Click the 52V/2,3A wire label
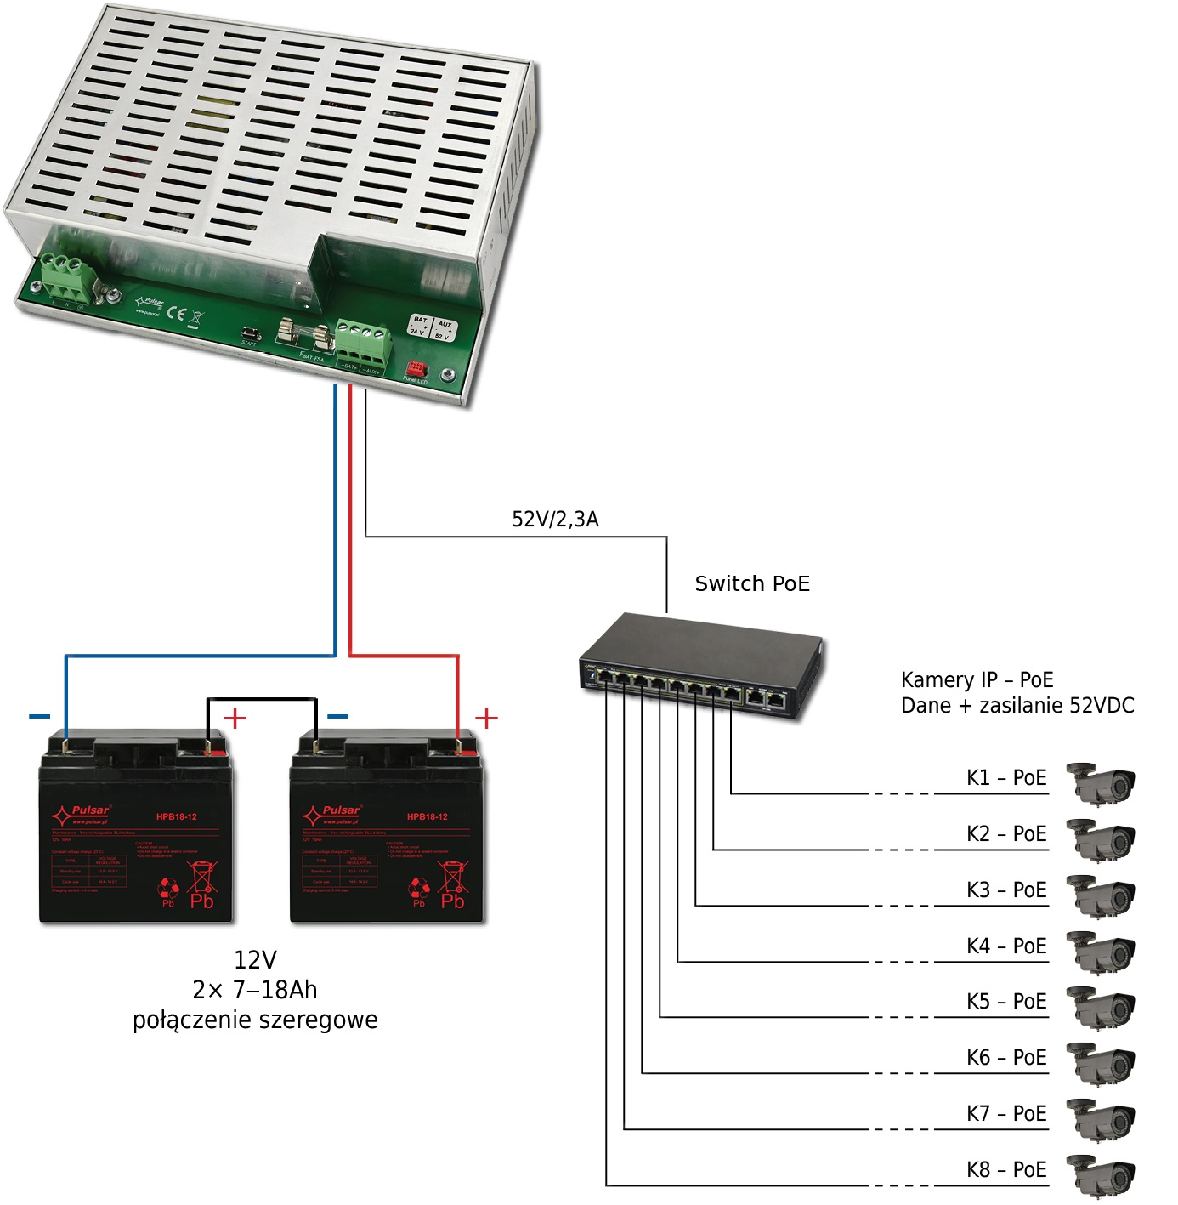[555, 519]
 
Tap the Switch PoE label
[751, 583]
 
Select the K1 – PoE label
[1005, 777]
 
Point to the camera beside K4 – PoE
[1102, 951]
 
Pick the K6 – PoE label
[1005, 1057]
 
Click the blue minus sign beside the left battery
[40, 716]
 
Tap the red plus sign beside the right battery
[486, 718]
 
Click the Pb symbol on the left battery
[201, 900]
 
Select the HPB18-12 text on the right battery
[427, 816]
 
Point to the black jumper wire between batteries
[262, 700]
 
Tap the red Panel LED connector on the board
[416, 370]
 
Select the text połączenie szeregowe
[255, 1020]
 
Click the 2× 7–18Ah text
[255, 990]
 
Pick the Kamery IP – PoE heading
[977, 679]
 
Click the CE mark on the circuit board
[175, 312]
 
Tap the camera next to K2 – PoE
[1102, 839]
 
